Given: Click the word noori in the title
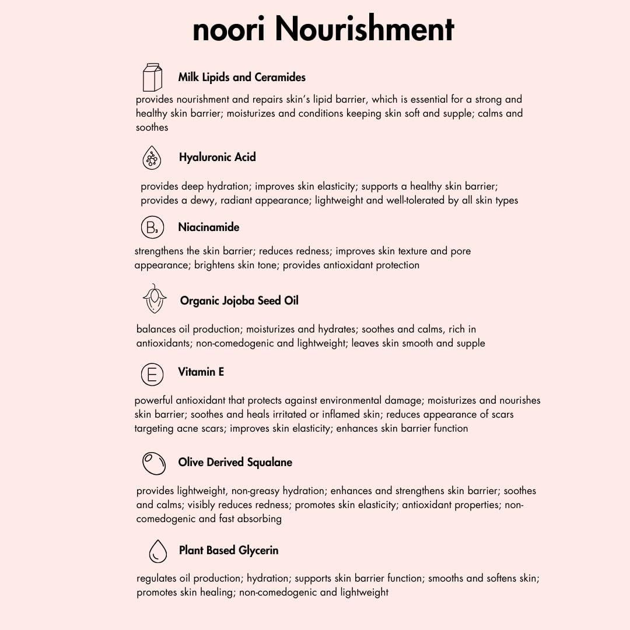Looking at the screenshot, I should coord(230,30).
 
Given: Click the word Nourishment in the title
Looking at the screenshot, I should coord(365,29).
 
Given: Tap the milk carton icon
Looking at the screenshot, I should coord(152,77).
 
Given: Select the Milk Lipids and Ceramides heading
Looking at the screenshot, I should coord(242,77).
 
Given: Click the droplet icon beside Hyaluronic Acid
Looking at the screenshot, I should coord(152,157).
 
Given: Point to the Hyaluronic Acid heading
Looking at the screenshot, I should coord(217,157).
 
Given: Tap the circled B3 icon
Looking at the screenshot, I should coord(152,228).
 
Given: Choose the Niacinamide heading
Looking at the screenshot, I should coord(208,227).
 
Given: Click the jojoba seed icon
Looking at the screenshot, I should coord(155,299).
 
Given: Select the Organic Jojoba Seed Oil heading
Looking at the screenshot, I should coord(239,300).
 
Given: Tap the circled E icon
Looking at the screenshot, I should coord(152,374).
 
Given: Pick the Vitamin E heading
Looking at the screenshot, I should coord(201,372).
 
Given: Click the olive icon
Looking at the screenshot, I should coord(154,463).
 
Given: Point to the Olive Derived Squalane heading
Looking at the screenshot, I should coord(235,462).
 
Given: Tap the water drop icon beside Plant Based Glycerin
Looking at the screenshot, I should coord(157,551).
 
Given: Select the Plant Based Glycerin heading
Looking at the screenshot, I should coord(229,550).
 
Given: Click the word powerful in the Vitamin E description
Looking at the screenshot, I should coord(155,400).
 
